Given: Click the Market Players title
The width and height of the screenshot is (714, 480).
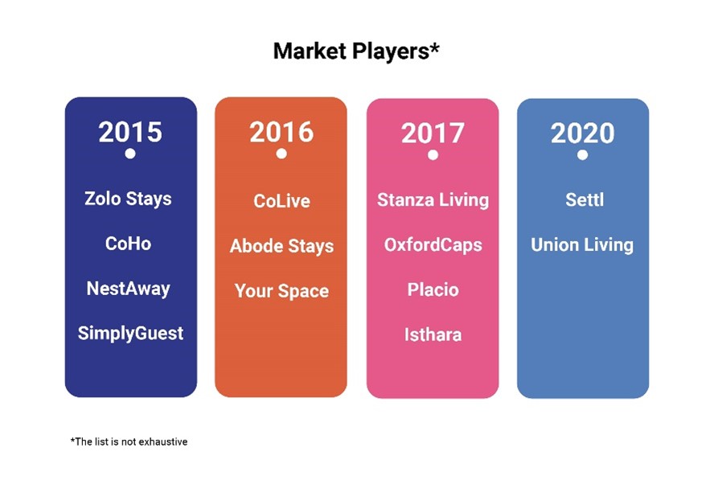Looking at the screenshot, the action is pyautogui.click(x=356, y=51).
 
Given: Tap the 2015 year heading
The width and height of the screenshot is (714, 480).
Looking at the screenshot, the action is pyautogui.click(x=130, y=132).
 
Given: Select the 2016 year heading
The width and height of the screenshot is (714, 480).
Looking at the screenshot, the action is pyautogui.click(x=281, y=132).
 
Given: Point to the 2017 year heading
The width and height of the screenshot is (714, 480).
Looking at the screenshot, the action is pyautogui.click(x=433, y=133).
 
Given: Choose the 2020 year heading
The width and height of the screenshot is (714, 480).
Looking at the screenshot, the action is pyautogui.click(x=582, y=133).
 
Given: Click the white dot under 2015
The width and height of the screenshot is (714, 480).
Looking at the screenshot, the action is pyautogui.click(x=130, y=154).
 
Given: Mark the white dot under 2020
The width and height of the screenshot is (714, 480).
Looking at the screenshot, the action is pyautogui.click(x=582, y=155).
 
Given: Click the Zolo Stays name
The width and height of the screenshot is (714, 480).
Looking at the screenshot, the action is pyautogui.click(x=128, y=199).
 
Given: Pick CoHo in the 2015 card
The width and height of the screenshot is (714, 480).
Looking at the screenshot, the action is pyautogui.click(x=128, y=244).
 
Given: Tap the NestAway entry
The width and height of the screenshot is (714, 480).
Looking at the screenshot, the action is pyautogui.click(x=129, y=289).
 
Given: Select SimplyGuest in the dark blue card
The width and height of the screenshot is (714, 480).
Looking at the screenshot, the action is pyautogui.click(x=131, y=334).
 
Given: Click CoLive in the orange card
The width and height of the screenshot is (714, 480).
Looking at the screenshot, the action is pyautogui.click(x=282, y=201).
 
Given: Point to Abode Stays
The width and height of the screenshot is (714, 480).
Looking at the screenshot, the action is pyautogui.click(x=282, y=246).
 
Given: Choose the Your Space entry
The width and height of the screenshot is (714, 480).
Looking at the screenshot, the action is pyautogui.click(x=282, y=291).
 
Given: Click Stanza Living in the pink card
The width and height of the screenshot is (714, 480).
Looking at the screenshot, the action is pyautogui.click(x=433, y=200).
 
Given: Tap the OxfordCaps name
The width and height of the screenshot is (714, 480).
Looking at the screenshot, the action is pyautogui.click(x=433, y=245).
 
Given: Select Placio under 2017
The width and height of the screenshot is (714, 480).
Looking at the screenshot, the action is pyautogui.click(x=433, y=289).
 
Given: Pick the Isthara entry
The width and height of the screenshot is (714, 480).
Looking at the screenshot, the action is pyautogui.click(x=433, y=334).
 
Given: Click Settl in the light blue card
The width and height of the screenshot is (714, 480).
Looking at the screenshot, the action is pyautogui.click(x=585, y=200).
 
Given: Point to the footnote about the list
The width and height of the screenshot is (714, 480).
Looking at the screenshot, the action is pyautogui.click(x=129, y=441).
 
